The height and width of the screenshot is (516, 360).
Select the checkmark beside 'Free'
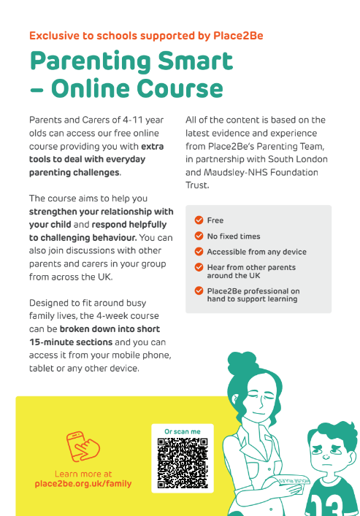pos(199,220)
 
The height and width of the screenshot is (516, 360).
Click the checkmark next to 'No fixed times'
pos(199,236)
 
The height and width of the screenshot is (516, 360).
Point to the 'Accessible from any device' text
pos(257,252)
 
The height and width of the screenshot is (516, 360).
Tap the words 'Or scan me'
pos(183,431)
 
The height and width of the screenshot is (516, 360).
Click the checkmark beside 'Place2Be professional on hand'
pos(199,290)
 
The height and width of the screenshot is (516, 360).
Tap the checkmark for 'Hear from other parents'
pos(199,268)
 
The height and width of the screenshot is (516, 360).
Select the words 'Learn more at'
pos(83,474)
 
